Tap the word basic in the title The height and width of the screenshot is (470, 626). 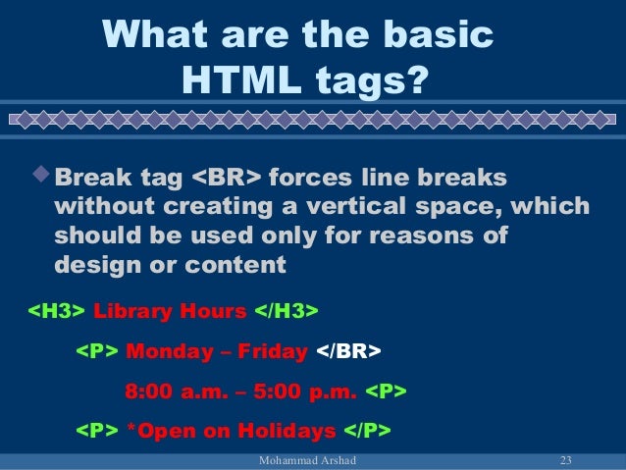(x=429, y=35)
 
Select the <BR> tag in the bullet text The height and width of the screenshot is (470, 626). (x=226, y=180)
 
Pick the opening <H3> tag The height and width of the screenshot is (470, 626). (x=55, y=312)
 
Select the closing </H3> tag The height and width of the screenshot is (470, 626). (x=287, y=312)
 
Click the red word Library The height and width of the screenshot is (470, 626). (x=132, y=312)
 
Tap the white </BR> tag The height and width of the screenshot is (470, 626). (x=348, y=352)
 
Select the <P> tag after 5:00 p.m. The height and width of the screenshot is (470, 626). (x=386, y=392)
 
